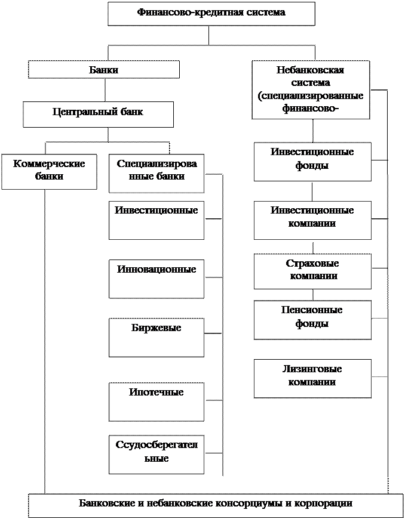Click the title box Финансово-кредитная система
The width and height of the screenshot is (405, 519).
(211, 13)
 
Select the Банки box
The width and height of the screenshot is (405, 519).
(104, 70)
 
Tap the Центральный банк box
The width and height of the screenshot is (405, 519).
(98, 113)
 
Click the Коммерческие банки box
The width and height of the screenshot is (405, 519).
(49, 171)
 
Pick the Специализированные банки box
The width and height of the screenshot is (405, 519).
(156, 173)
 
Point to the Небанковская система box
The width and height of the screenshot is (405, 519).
(311, 89)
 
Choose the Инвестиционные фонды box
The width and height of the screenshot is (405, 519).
(312, 161)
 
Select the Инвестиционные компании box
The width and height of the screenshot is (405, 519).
(312, 220)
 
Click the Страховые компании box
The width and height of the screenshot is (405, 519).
(312, 271)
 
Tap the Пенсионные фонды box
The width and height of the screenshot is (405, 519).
(312, 319)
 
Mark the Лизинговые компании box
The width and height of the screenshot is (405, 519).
(312, 378)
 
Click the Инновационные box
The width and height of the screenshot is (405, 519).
(156, 278)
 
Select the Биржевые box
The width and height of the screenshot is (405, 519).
(156, 337)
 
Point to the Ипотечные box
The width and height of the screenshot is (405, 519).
(156, 401)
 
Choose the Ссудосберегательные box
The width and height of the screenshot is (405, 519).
(156, 454)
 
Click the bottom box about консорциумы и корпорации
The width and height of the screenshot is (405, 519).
(216, 505)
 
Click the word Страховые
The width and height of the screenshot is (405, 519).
(312, 263)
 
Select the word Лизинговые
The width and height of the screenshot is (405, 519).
(312, 369)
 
